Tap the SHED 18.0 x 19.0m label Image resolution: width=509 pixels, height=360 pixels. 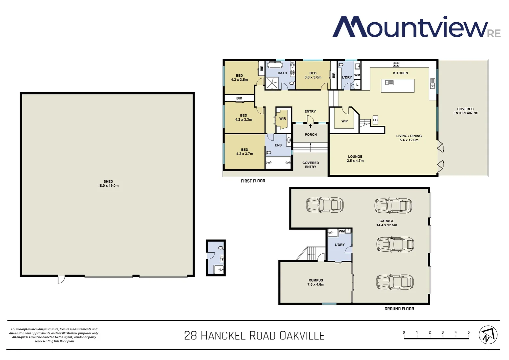pos(108,184)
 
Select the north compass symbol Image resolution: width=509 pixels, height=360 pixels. pos(488,335)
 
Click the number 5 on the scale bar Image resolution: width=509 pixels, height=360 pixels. pos(468,332)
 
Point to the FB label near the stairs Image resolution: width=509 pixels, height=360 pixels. pos(375,120)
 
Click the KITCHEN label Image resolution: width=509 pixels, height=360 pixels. pos(400,73)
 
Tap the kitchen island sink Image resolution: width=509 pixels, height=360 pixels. pos(389,83)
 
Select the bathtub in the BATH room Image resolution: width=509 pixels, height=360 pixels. pos(275,64)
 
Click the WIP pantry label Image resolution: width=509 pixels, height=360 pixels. pos(344,121)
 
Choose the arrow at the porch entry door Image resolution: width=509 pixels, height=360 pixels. pos(310,126)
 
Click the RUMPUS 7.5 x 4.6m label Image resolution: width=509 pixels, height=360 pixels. pos(316,282)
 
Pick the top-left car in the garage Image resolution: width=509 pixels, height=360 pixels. pos(325,205)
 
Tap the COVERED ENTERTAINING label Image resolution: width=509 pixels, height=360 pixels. pos(466,111)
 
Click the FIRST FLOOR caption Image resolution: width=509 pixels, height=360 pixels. pos(253,181)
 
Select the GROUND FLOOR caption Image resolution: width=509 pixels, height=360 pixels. pos(399,309)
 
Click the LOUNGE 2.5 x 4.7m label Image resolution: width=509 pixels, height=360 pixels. pos(355,159)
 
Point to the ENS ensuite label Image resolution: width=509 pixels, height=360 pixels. pos(278,145)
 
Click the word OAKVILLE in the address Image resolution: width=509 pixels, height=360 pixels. pos(302,335)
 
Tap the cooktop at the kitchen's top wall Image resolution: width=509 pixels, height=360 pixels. pos(396,64)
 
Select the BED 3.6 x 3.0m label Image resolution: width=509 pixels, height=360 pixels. pos(313,75)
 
